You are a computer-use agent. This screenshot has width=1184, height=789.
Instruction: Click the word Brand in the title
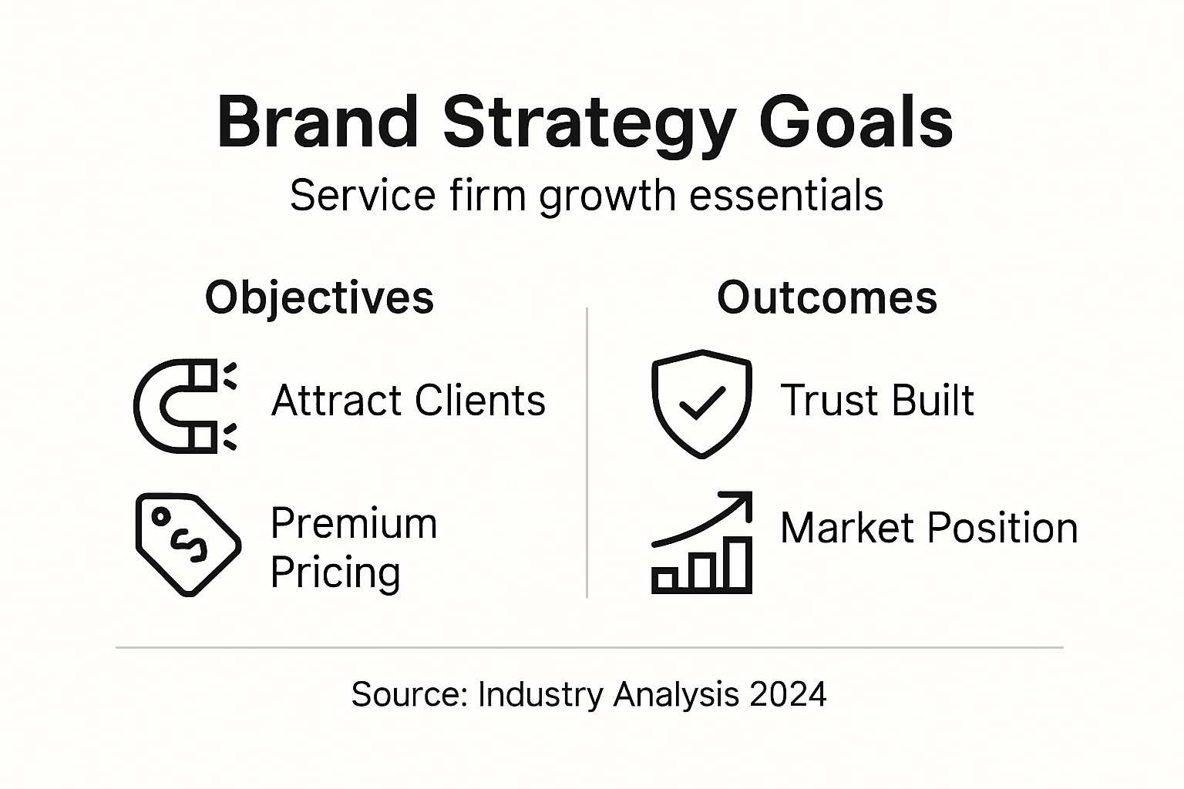pyautogui.click(x=318, y=123)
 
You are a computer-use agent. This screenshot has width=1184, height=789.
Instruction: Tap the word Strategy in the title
pyautogui.click(x=587, y=123)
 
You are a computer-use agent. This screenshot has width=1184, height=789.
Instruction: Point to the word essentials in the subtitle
pyautogui.click(x=786, y=196)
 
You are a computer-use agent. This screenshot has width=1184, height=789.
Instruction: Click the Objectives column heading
pyautogui.click(x=319, y=297)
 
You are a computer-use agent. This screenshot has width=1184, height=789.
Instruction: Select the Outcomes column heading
pyautogui.click(x=826, y=297)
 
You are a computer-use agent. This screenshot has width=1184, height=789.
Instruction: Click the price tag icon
pyautogui.click(x=187, y=544)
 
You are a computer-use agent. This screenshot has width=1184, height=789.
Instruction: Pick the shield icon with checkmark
pyautogui.click(x=701, y=403)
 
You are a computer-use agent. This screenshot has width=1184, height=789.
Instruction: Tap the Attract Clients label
pyautogui.click(x=408, y=401)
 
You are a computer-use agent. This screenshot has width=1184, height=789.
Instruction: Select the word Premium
pyautogui.click(x=354, y=524)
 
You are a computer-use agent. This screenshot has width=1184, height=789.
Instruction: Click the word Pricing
pyautogui.click(x=335, y=572)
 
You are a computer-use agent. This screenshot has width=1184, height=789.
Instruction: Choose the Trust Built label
pyautogui.click(x=876, y=401)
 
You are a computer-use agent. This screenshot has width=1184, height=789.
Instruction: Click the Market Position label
pyautogui.click(x=928, y=529)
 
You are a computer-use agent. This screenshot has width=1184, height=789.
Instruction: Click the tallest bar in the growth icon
pyautogui.click(x=738, y=565)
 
